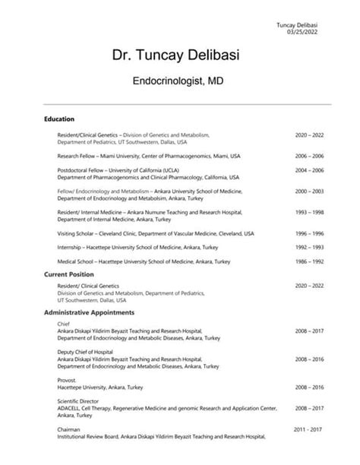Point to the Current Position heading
click(69, 274)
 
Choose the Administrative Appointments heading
click(90, 312)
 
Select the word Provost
click(68, 380)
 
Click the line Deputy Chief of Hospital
click(84, 352)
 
